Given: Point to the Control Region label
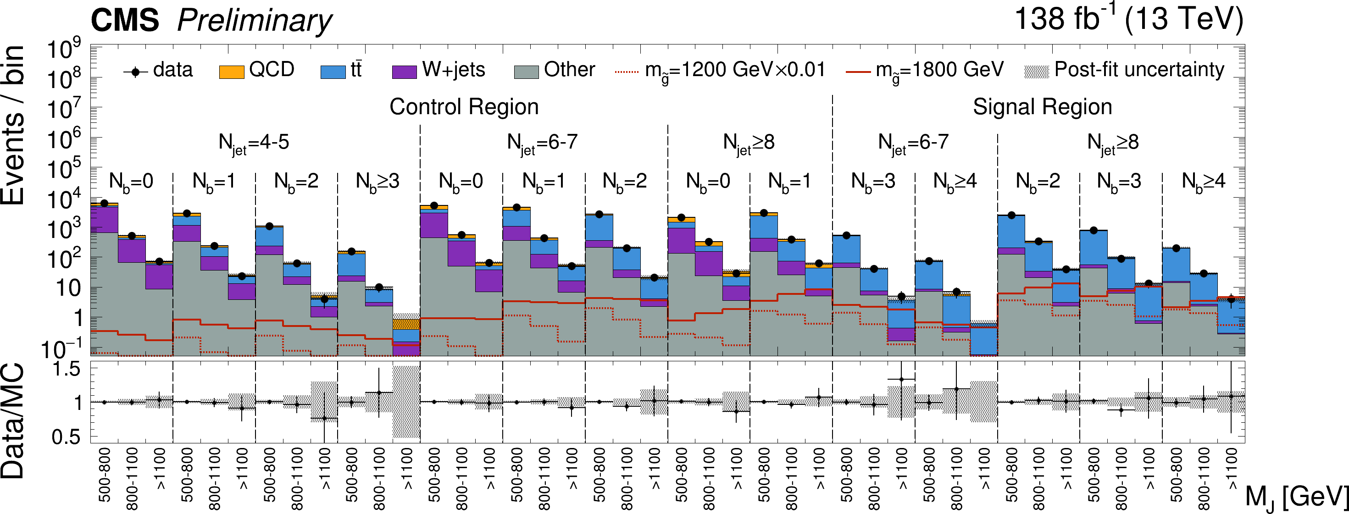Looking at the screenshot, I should point(464,107).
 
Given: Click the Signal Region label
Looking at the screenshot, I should point(1042,107).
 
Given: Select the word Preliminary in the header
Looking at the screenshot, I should point(255,21).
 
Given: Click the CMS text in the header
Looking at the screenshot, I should point(125,21).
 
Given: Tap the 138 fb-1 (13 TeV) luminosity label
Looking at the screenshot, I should point(1128,19).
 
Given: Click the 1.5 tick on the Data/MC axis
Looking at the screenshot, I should point(66,370).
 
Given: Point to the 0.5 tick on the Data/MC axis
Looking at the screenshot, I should point(66,437).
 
